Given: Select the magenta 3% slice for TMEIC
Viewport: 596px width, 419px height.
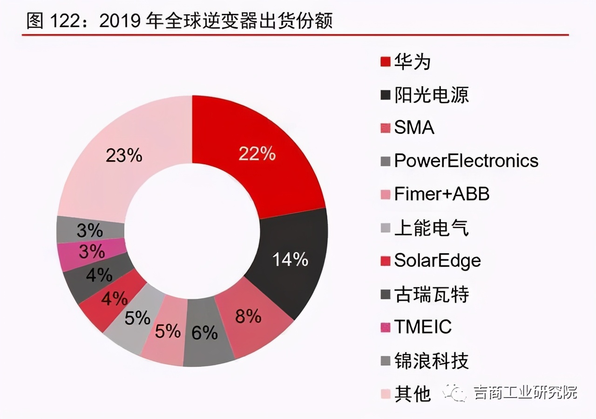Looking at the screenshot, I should coord(92,252).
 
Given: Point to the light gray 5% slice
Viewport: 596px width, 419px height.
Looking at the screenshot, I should coord(137,319).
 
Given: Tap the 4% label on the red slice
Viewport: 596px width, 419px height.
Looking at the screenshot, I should coord(114,298).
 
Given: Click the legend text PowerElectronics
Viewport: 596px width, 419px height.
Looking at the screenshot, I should coord(466,161).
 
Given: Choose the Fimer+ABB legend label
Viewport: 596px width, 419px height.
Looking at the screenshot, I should coord(441,194).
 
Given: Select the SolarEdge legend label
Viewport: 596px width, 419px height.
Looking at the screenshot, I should coord(437,261).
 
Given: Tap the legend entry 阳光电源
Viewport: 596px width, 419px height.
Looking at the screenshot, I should coord(431,95).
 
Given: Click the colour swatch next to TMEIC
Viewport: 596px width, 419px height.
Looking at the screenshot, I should coord(385,328).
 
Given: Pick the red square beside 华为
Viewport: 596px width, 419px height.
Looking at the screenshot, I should coord(385,62).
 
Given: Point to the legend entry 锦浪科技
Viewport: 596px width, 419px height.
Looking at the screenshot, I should coord(431,361).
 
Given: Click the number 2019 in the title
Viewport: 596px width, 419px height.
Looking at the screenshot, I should coord(122,21).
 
